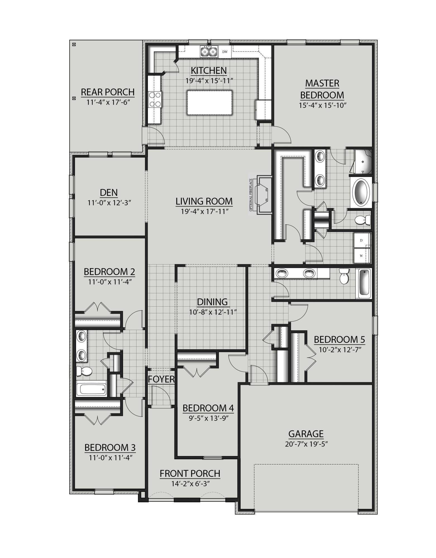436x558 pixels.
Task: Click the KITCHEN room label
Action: click(x=209, y=70)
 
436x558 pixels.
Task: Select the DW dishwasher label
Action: click(x=225, y=52)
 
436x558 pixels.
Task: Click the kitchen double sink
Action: click(x=209, y=52)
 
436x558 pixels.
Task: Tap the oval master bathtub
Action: click(x=361, y=193)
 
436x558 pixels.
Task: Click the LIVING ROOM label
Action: click(x=204, y=201)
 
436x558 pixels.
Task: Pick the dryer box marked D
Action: click(x=361, y=240)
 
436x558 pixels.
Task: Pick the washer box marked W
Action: click(x=361, y=256)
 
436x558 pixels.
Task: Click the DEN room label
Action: click(x=109, y=193)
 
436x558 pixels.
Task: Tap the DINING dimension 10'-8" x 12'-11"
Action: click(x=213, y=312)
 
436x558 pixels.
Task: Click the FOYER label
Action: click(x=161, y=379)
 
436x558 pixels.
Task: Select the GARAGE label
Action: click(x=306, y=434)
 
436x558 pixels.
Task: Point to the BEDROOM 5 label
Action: click(x=339, y=340)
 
